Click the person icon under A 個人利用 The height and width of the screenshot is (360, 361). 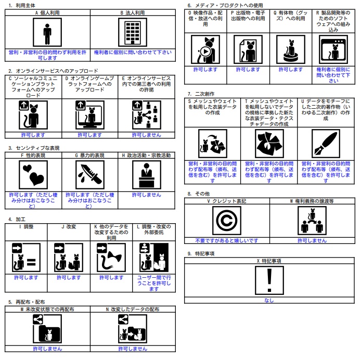pyautogui.click(x=47, y=32)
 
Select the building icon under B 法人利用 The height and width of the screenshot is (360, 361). pyautogui.click(x=133, y=32)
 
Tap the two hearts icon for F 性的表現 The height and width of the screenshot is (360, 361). pyautogui.click(x=33, y=175)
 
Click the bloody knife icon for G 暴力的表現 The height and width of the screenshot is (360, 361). pyautogui.click(x=90, y=175)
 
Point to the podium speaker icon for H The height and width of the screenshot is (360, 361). pyautogui.click(x=147, y=175)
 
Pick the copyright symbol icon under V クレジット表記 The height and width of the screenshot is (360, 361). pyautogui.click(x=227, y=221)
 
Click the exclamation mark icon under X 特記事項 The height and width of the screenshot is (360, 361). pyautogui.click(x=269, y=280)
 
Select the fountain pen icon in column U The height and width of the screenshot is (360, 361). pyautogui.click(x=326, y=144)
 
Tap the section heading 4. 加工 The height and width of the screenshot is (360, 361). pyautogui.click(x=17, y=219)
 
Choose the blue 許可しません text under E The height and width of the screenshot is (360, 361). pyautogui.click(x=146, y=135)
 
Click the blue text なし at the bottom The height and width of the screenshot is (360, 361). pyautogui.click(x=269, y=300)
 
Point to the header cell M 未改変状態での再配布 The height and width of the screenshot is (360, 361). pyautogui.click(x=47, y=309)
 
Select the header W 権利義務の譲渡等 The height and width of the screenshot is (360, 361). pyautogui.click(x=312, y=201)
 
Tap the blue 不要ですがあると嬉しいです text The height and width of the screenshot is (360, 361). pyautogui.click(x=227, y=241)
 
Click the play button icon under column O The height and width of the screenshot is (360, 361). pyautogui.click(x=205, y=52)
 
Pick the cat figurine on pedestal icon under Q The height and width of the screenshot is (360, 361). pyautogui.click(x=291, y=49)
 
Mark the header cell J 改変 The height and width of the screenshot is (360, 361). pyautogui.click(x=69, y=227)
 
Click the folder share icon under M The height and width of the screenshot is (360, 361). pyautogui.click(x=47, y=329)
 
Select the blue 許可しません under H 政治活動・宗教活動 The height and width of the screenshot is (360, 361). pyautogui.click(x=146, y=195)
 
